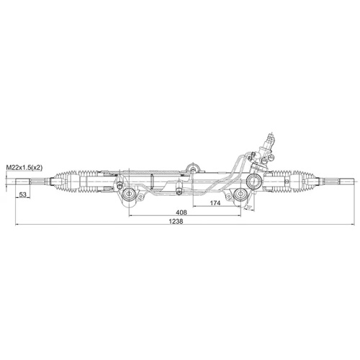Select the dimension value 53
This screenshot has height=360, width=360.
(x=23, y=194)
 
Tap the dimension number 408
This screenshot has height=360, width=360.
(x=181, y=212)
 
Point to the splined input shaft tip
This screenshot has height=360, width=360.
(x=270, y=136)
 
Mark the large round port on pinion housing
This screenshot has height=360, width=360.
(x=254, y=179)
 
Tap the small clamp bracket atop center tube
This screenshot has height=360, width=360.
(x=191, y=168)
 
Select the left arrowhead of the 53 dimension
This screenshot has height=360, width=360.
(x=15, y=199)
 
